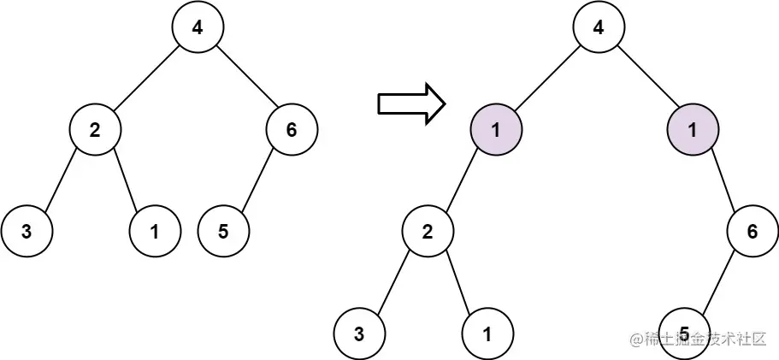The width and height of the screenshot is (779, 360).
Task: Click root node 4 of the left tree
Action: (198, 27)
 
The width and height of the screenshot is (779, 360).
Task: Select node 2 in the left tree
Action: (95, 129)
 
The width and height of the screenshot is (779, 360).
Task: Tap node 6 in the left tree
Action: (292, 129)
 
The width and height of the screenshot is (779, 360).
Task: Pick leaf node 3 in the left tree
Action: (27, 231)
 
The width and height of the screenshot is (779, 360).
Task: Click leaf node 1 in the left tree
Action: (155, 231)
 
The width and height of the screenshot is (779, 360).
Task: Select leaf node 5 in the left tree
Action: (223, 231)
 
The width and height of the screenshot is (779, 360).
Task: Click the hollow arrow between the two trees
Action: (410, 103)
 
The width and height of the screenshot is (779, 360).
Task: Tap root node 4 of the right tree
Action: (599, 27)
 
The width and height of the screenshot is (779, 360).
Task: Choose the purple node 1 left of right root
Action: (496, 129)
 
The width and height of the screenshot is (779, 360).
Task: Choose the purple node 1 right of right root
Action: (693, 129)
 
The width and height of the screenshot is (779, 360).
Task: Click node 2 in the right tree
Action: (428, 231)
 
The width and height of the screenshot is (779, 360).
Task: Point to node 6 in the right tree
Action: (752, 231)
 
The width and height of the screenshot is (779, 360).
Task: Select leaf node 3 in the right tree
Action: (359, 333)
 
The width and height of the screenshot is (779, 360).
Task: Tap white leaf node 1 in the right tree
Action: (487, 333)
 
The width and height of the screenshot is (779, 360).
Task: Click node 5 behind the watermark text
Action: (684, 333)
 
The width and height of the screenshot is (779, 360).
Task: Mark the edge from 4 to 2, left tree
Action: (146, 78)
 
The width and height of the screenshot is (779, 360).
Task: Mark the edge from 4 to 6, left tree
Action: (245, 78)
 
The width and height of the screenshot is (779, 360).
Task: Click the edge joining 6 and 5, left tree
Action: (257, 180)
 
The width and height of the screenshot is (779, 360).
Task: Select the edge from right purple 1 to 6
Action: (723, 180)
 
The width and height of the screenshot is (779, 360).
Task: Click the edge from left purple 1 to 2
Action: (462, 180)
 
